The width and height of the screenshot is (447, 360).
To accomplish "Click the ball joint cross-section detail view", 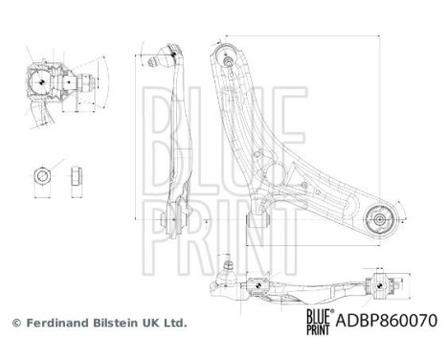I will pos(48,88).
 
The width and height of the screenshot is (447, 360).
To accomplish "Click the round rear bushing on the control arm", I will pos(379,218).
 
